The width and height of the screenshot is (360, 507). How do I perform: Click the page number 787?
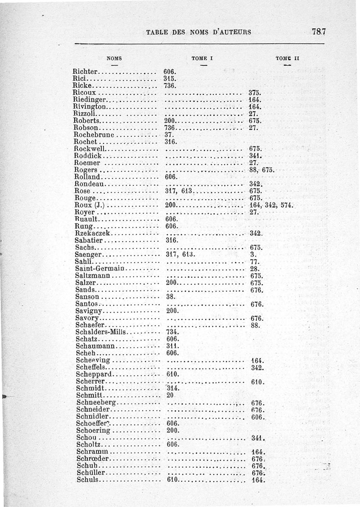coord(318,31)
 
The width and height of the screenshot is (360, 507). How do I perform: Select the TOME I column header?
coord(202,58)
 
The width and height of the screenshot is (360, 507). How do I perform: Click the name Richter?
coord(84,71)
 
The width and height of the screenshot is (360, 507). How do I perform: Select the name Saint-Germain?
coord(99,269)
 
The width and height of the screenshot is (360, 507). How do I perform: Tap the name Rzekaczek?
coord(92,233)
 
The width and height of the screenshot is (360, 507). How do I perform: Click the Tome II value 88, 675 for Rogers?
coord(262,170)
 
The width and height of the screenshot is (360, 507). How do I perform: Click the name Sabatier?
coord(89,241)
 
